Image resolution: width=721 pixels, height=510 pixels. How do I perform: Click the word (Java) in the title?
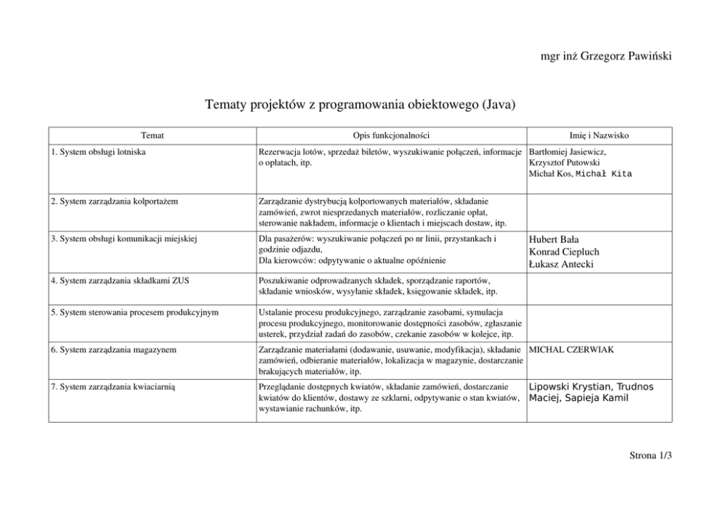coord(499,105)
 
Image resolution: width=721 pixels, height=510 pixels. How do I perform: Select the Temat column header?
coord(153,135)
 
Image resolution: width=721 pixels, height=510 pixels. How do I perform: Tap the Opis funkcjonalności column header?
coord(392,135)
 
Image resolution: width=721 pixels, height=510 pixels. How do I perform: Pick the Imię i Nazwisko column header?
coord(600,135)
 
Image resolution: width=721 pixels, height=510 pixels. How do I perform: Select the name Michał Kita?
coord(603,174)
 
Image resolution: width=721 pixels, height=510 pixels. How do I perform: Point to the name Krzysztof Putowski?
coord(563,163)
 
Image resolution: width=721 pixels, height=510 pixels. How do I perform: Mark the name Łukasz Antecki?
coord(561,264)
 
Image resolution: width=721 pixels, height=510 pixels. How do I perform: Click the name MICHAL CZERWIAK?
coord(571,350)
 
